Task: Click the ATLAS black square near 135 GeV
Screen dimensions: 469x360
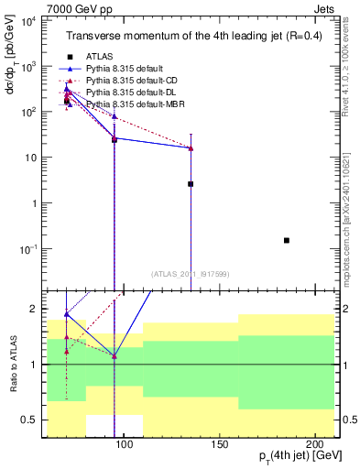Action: pyautogui.click(x=191, y=184)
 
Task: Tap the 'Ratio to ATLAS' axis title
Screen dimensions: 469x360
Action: pyautogui.click(x=14, y=364)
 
